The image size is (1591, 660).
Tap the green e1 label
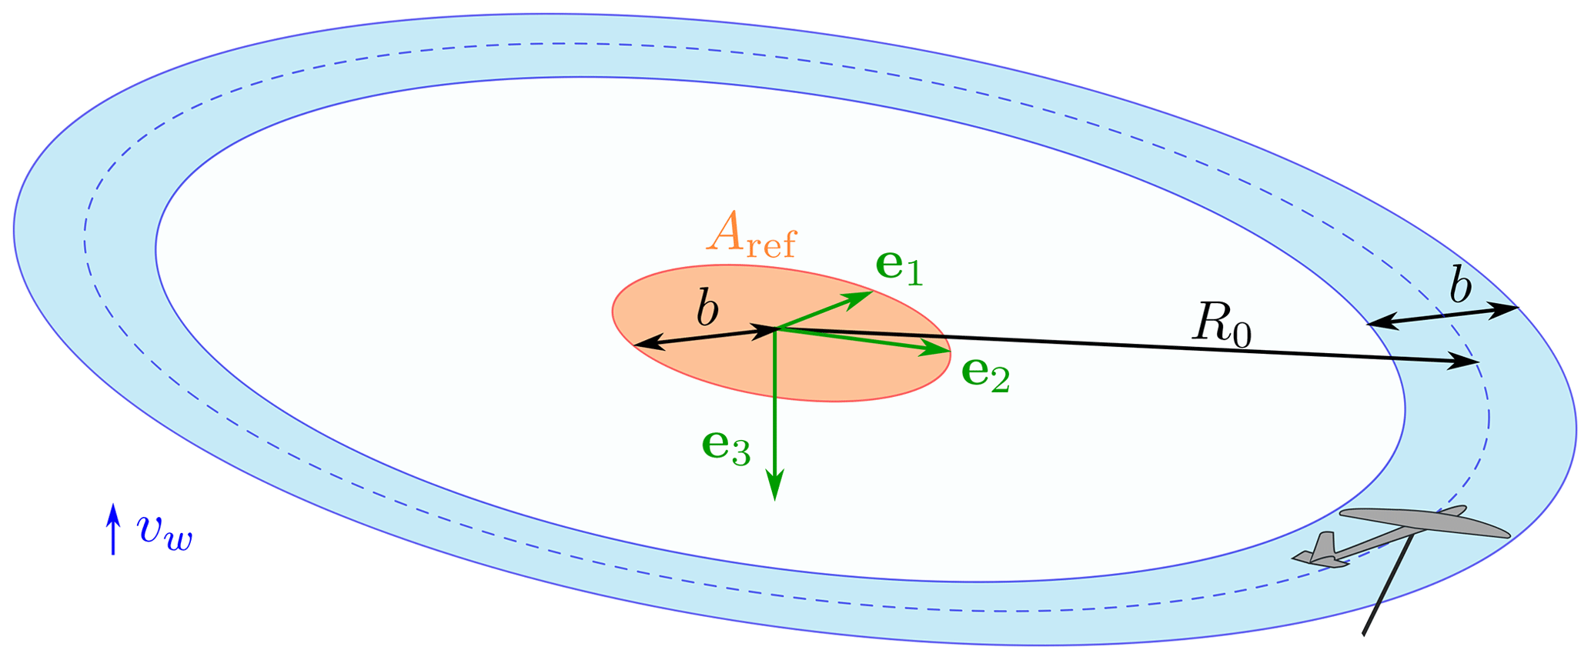point(899,267)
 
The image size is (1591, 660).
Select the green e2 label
point(986,375)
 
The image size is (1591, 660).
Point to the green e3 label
point(725,447)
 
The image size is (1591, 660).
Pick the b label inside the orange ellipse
point(707,310)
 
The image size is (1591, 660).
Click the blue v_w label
point(164,531)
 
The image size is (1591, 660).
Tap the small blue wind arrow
point(113,528)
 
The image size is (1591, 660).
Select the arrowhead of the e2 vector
point(939,351)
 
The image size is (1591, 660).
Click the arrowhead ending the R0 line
point(1466,361)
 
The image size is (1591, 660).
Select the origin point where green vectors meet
point(776,329)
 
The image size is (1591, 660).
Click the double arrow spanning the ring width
point(1442,316)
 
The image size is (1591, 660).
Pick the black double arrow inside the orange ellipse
point(704,338)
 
